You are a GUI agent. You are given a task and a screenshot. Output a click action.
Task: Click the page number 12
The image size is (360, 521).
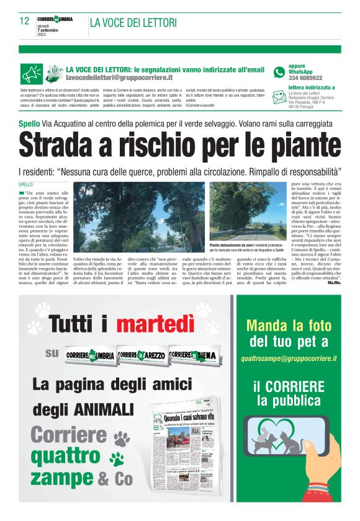[x=25, y=20]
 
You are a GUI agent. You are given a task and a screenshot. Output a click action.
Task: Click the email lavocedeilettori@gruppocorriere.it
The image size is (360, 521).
[x=119, y=78]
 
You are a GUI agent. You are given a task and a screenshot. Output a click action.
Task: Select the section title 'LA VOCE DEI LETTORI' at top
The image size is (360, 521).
[x=133, y=23]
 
